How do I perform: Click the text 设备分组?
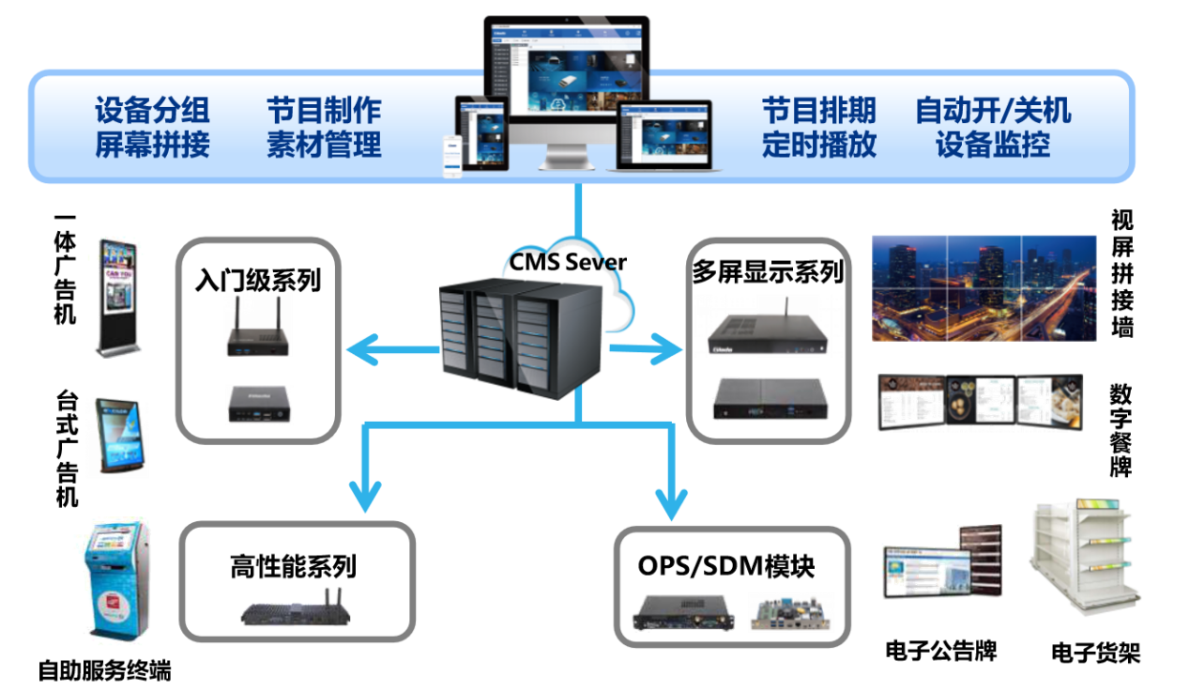pyautogui.click(x=152, y=111)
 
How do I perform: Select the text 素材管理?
pyautogui.click(x=325, y=146)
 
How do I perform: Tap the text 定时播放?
pyautogui.click(x=818, y=146)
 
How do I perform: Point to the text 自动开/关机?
pyautogui.click(x=993, y=111)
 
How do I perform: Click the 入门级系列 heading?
pyautogui.click(x=258, y=280)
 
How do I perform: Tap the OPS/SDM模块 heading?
pyautogui.click(x=726, y=566)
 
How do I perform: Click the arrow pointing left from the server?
pyautogui.click(x=361, y=351)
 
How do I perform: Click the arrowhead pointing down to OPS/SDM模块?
pyautogui.click(x=672, y=500)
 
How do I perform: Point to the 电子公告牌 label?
pyautogui.click(x=940, y=650)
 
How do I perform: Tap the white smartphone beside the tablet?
pyautogui.click(x=456, y=156)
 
